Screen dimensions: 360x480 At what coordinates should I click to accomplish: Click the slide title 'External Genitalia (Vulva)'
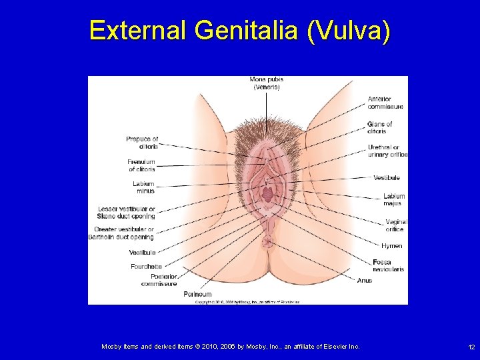tap(239, 31)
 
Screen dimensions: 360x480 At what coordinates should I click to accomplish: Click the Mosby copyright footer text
tap(230, 347)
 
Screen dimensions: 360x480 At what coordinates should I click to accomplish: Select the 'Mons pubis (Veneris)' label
tap(267, 83)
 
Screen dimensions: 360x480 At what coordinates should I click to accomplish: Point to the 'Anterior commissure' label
tap(385, 103)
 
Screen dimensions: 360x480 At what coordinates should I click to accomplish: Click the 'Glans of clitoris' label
tap(379, 127)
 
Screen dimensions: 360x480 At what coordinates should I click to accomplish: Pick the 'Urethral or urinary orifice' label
tap(387, 151)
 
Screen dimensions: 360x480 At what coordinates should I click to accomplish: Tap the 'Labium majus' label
tap(394, 200)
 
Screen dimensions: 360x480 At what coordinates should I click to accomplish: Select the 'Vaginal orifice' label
tap(395, 225)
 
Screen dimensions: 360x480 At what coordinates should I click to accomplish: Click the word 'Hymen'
tap(392, 246)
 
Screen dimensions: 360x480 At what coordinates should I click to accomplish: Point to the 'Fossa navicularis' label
tap(389, 265)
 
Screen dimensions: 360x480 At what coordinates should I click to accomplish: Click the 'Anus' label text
tap(365, 281)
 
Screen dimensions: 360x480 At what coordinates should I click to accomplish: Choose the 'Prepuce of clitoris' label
tap(142, 143)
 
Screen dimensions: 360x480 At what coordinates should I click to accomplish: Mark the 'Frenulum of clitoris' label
tap(141, 165)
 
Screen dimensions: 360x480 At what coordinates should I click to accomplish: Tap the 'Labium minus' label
tap(143, 187)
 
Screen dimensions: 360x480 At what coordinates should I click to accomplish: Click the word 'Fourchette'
tap(146, 267)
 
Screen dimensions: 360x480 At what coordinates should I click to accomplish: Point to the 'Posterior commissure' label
tap(160, 280)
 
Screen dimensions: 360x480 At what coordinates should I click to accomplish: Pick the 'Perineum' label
tap(197, 294)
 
